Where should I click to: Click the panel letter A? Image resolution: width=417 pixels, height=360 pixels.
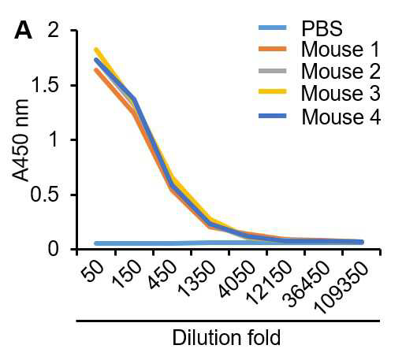pyautogui.click(x=23, y=30)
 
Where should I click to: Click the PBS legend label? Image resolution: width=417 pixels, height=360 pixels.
pyautogui.click(x=322, y=28)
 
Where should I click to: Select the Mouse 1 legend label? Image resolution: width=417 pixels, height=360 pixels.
pyautogui.click(x=340, y=50)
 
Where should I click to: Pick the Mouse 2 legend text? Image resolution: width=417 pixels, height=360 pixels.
pyautogui.click(x=341, y=71)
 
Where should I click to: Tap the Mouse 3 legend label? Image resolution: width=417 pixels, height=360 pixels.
pyautogui.click(x=341, y=93)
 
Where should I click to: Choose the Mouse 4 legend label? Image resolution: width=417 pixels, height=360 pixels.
pyautogui.click(x=341, y=117)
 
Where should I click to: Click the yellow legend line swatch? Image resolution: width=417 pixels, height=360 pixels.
pyautogui.click(x=273, y=91)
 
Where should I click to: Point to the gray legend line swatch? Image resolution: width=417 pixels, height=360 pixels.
pyautogui.click(x=273, y=71)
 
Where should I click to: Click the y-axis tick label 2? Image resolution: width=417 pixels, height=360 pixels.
pyautogui.click(x=53, y=30)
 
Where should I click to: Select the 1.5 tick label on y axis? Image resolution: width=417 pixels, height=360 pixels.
pyautogui.click(x=45, y=85)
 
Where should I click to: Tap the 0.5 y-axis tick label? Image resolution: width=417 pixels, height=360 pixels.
pyautogui.click(x=44, y=195)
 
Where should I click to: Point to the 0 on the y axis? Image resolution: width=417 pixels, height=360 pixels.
pyautogui.click(x=53, y=249)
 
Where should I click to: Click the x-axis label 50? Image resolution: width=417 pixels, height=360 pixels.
pyautogui.click(x=92, y=270)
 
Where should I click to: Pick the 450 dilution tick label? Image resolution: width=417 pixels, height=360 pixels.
pyautogui.click(x=162, y=275)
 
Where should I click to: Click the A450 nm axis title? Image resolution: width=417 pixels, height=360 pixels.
pyautogui.click(x=20, y=140)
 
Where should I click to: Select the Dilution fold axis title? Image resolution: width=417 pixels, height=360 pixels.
pyautogui.click(x=226, y=337)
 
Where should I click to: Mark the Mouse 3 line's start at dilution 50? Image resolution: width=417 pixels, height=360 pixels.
pyautogui.click(x=95, y=49)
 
